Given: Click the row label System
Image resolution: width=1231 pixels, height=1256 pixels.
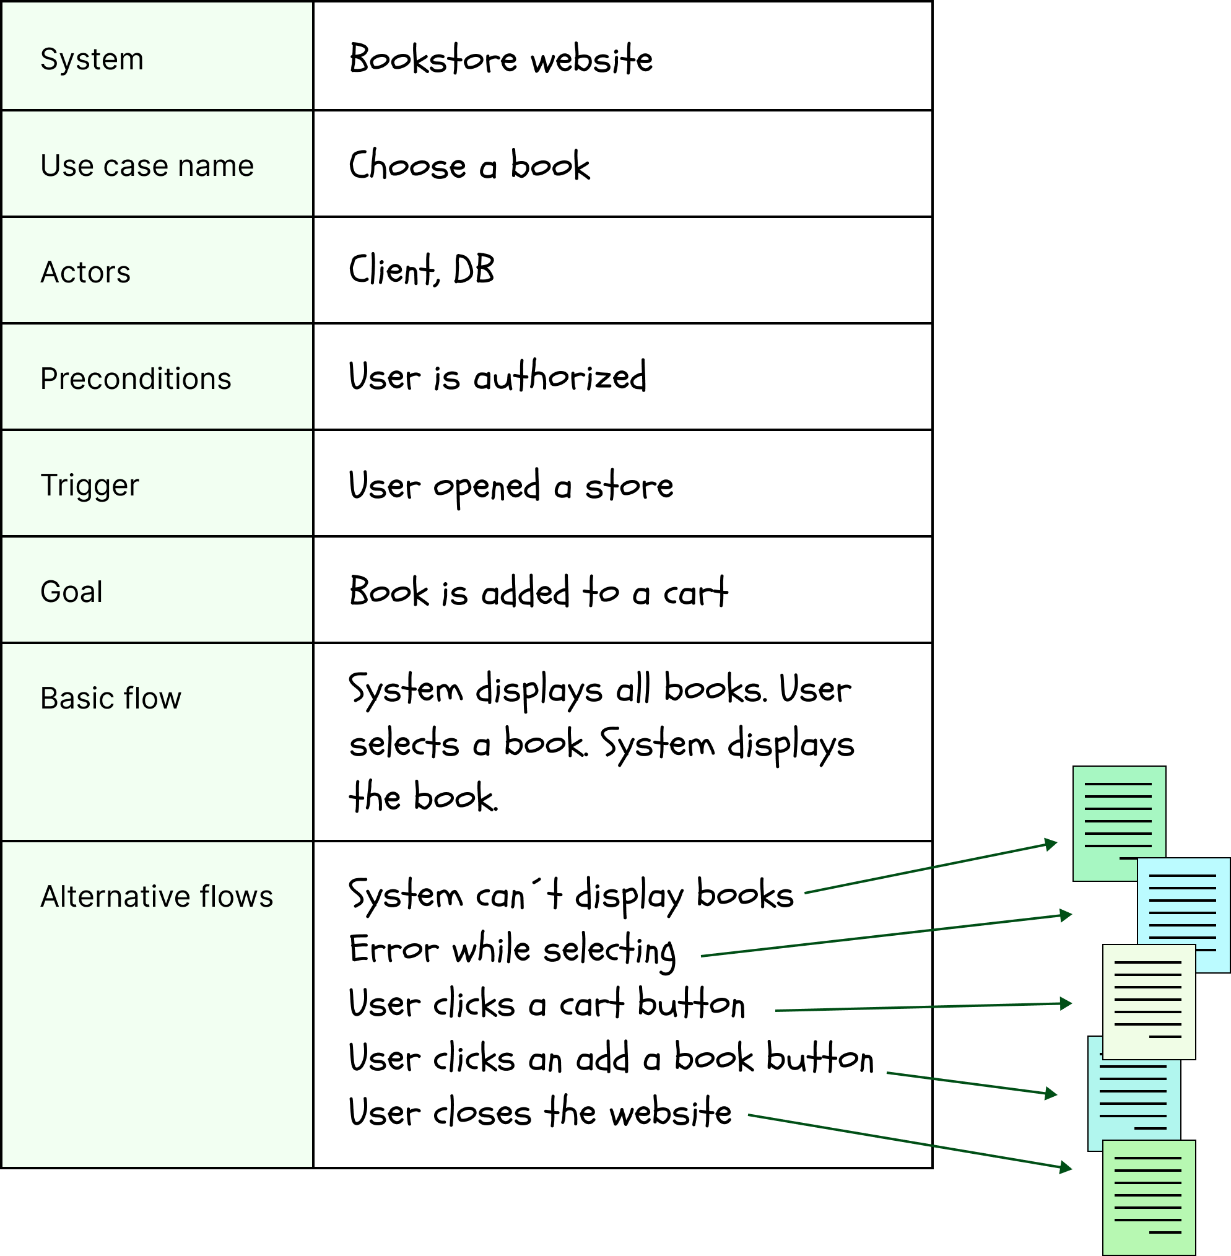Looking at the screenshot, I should (x=92, y=59).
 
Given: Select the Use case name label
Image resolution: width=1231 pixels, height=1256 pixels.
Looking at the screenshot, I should (x=147, y=165).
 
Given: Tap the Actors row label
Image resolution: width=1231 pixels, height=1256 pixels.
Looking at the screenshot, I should (x=85, y=273).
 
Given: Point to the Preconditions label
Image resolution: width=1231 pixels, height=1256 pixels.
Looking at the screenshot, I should (x=135, y=379).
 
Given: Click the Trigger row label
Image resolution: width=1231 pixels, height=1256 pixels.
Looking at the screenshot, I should (x=89, y=486).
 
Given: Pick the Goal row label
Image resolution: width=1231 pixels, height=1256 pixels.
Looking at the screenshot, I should (x=71, y=592).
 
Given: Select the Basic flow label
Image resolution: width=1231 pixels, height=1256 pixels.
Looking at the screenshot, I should (x=111, y=699).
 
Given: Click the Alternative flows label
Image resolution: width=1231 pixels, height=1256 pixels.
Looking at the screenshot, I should (x=157, y=897).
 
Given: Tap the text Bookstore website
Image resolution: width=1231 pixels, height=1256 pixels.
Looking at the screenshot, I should (x=500, y=59).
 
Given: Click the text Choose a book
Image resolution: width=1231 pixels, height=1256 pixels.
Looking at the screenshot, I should (x=469, y=165).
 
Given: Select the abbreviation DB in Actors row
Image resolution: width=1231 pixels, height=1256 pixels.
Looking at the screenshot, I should (x=474, y=271).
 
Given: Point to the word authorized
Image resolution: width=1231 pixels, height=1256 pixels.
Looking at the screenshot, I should (x=560, y=377).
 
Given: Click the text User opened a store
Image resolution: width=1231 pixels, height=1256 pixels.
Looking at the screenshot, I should (x=511, y=486).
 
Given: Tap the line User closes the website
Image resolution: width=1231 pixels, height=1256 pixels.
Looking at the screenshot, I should (x=540, y=1113).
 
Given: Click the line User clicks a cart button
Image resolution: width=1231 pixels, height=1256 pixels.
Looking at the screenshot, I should (x=546, y=1005).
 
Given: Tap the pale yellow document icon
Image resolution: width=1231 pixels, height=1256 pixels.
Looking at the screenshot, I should (x=1148, y=1001).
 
